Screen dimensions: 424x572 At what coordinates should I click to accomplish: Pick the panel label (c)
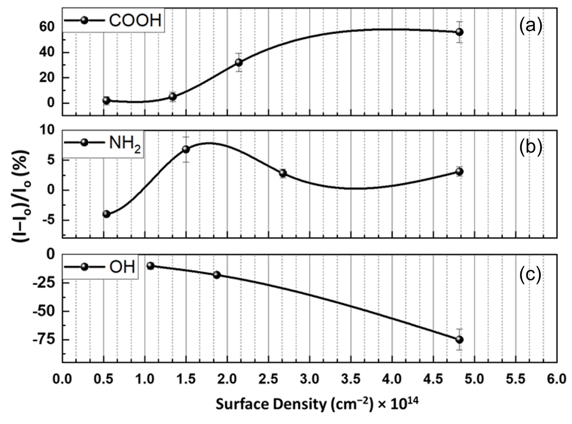pos(531,275)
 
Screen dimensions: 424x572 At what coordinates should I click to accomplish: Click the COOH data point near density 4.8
pos(459,32)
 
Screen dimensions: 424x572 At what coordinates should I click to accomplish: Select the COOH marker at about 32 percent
pos(239,62)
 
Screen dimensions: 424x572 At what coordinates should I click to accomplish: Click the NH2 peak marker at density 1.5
pos(186,149)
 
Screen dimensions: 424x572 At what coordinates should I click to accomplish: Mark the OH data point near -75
pos(459,339)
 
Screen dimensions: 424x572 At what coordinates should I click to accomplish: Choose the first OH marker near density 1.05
pos(150,266)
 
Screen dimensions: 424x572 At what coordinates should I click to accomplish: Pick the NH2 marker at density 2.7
pos(283,173)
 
